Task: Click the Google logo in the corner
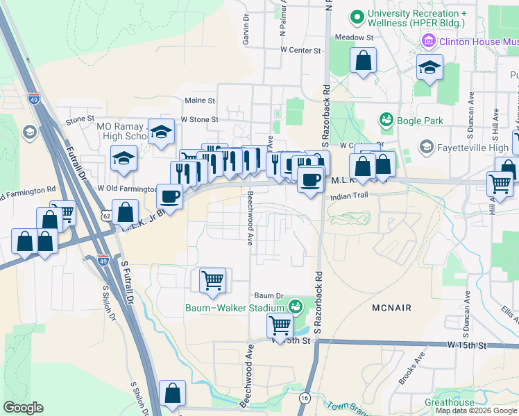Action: point(24,408)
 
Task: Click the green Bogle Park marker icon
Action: point(386,121)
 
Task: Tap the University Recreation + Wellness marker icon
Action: point(357,15)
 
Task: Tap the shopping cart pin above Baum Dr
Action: point(212,280)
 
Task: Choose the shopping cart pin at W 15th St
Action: point(280,324)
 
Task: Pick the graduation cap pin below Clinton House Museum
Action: point(429,67)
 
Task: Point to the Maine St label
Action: point(200,101)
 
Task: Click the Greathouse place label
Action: point(449,402)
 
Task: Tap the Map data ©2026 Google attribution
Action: point(476,410)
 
